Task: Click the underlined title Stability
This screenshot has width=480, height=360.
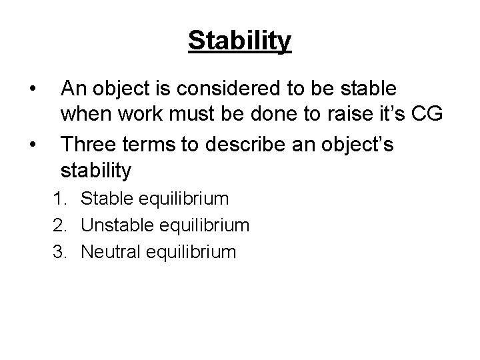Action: [x=239, y=40]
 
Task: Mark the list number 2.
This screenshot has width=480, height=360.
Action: [x=69, y=225]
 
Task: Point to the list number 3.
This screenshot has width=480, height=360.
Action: [x=69, y=251]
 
